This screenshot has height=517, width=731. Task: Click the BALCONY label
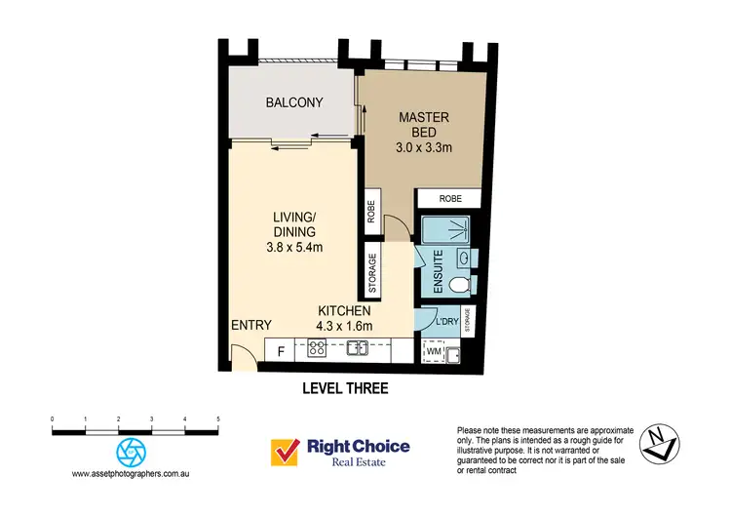(x=294, y=102)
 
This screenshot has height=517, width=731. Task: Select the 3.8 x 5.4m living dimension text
(x=294, y=247)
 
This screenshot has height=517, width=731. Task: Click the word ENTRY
(x=250, y=325)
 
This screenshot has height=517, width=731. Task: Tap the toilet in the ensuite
(x=467, y=283)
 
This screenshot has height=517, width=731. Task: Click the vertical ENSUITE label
(x=438, y=273)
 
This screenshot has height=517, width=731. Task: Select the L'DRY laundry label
(x=446, y=321)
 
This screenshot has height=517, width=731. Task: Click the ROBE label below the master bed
(x=449, y=198)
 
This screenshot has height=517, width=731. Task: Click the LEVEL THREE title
(x=345, y=388)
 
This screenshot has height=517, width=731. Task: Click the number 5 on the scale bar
(x=217, y=418)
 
